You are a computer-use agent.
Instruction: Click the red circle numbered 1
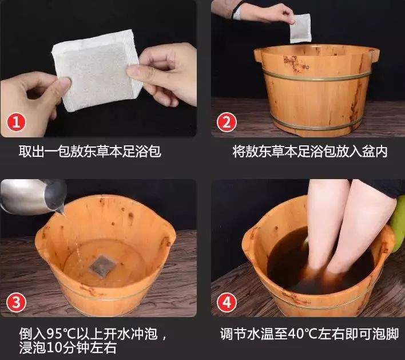coord(18,121)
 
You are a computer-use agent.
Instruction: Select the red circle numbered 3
coord(18,301)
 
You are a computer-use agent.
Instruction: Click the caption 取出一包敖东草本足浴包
coord(90,152)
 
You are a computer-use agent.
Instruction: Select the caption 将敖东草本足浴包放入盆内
coord(310,152)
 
